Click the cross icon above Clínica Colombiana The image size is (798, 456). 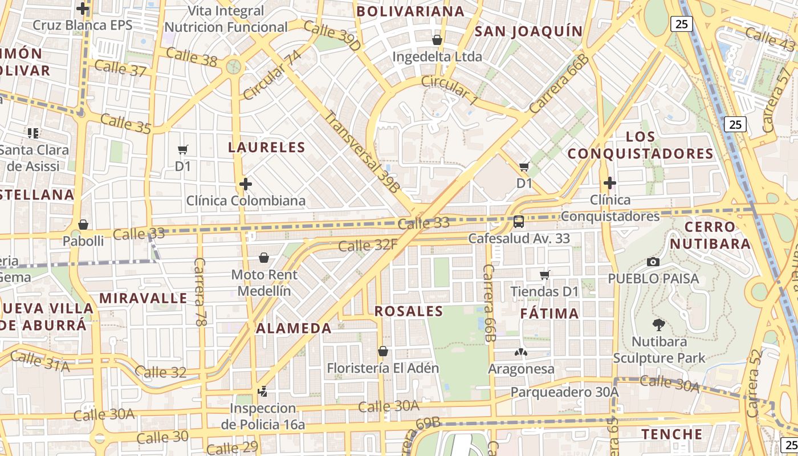pos(245,184)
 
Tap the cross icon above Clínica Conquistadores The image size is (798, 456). pos(609,183)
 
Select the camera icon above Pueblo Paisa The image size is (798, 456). pos(653,262)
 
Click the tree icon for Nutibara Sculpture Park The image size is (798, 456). pos(658,325)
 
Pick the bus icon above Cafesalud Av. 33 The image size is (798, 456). pos(519,222)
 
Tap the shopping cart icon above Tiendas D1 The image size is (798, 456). pos(544,275)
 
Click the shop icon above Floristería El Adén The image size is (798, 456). pos(383,351)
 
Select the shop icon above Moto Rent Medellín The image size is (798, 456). pos(264,258)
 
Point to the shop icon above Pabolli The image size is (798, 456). pos(83,225)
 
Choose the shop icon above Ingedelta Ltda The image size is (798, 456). pos(437,40)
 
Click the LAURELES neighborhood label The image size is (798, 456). pos(267,147)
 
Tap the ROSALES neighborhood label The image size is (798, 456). pos(409,311)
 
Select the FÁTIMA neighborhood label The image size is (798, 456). pos(549,313)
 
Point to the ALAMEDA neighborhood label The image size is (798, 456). pos(294,328)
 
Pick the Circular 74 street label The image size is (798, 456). pos(272,75)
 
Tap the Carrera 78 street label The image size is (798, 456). pos(199,292)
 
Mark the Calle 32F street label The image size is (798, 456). pos(368,246)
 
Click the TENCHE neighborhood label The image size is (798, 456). pos(672,434)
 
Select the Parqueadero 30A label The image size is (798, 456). pos(564,392)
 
